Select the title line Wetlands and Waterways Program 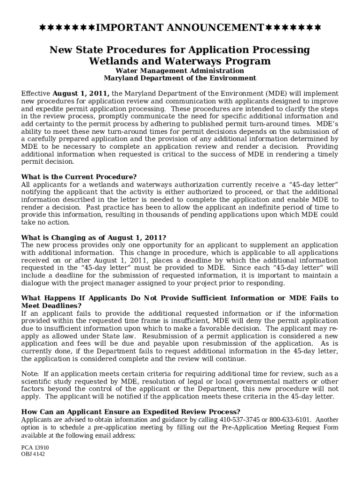(x=180, y=61)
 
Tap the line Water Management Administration (x=180, y=71)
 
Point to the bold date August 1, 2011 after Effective (x=81, y=93)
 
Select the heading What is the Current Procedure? (x=79, y=177)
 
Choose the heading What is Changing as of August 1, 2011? (x=94, y=237)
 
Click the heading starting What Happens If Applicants (x=180, y=298)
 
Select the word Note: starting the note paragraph (x=31, y=374)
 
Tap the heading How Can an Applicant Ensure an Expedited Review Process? (x=128, y=412)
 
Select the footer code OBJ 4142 (x=33, y=454)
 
